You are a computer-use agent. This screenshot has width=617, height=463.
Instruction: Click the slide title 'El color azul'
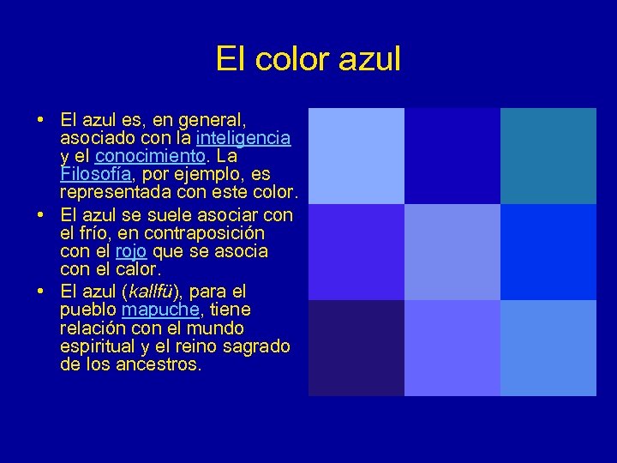[x=308, y=59]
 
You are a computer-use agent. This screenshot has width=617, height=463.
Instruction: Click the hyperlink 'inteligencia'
[x=243, y=137]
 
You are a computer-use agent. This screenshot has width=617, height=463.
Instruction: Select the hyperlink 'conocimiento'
[x=150, y=156]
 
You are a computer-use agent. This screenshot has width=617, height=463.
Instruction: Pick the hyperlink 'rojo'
[x=131, y=251]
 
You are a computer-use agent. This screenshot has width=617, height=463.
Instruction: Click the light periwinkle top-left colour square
[x=356, y=155]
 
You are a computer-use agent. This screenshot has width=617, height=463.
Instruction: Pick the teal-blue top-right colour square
[x=548, y=155]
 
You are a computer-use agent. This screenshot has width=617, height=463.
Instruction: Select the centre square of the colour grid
[x=452, y=252]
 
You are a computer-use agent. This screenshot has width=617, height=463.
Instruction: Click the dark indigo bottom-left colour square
[x=356, y=348]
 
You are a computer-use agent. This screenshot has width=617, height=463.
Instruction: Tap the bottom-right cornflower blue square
[x=548, y=348]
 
